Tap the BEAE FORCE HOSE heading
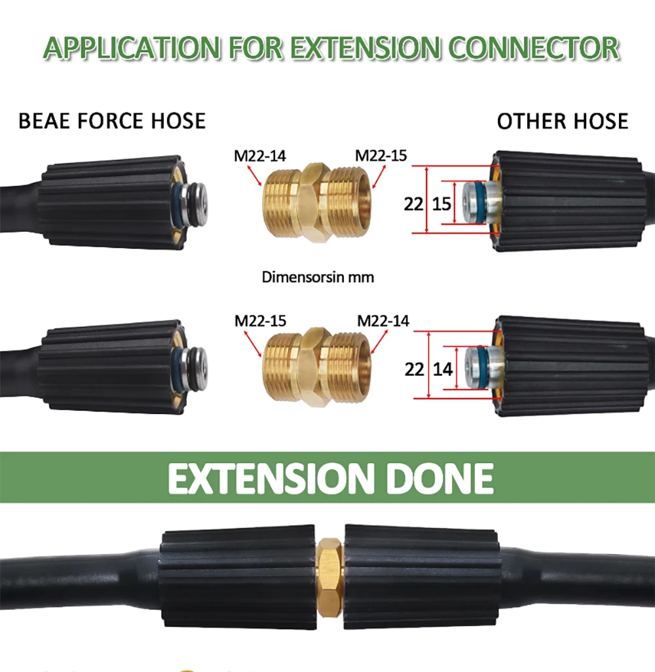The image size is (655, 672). pos(112,121)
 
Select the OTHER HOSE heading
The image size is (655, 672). pos(562,121)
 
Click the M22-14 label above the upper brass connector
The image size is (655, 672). pos(259,156)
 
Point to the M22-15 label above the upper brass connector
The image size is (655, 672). pos(381,156)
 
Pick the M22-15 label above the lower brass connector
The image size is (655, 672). pos(261,321)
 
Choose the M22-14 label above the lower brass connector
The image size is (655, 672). pos(383,321)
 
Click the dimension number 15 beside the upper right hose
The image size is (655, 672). pos(442,204)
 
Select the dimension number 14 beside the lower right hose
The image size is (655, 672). pos(443,369)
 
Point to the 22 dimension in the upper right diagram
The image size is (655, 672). pos(413,204)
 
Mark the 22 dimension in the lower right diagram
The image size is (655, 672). pos(414,369)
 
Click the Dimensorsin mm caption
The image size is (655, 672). pos(318,277)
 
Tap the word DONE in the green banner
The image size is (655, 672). pos(438,478)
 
